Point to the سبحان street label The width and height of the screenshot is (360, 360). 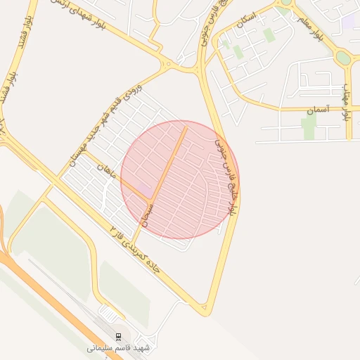click(148, 211)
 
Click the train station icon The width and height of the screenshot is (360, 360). click(118, 336)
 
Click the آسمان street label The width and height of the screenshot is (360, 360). click(317, 110)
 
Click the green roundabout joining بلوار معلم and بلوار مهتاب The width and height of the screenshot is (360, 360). click(343, 57)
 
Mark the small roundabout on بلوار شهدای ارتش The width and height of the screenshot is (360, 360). click(167, 65)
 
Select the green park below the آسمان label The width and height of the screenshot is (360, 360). click(309, 128)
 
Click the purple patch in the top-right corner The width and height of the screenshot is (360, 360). click(349, 20)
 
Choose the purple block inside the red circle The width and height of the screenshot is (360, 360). click(143, 189)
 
